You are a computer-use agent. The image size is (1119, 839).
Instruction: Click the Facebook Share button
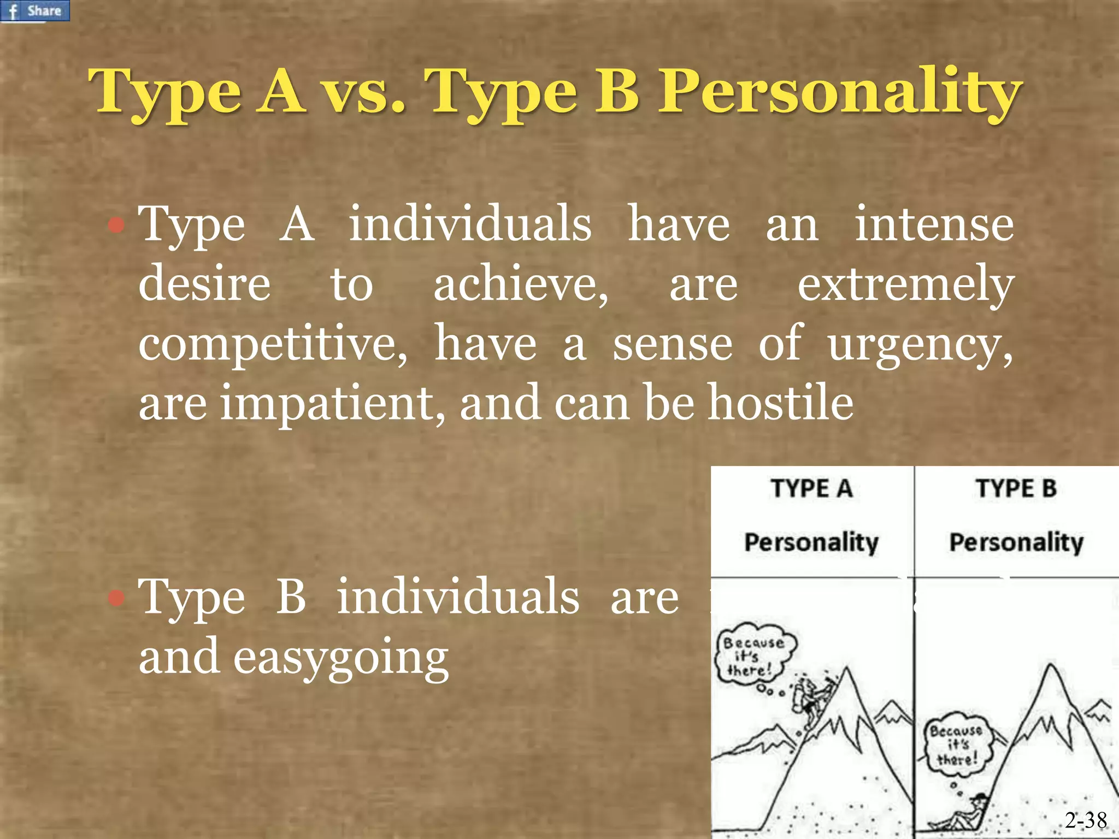click(35, 10)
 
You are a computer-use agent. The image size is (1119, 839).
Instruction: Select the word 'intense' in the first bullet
click(934, 224)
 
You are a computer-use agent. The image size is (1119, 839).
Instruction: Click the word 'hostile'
click(781, 403)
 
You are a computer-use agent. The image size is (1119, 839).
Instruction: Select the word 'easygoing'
click(341, 657)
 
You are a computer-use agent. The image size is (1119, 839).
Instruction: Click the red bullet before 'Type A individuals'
click(116, 224)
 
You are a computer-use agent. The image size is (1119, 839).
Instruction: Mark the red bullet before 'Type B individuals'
click(116, 598)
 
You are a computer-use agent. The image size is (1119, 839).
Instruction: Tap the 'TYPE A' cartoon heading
click(811, 488)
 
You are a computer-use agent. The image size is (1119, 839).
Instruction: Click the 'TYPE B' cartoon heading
click(1016, 488)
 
